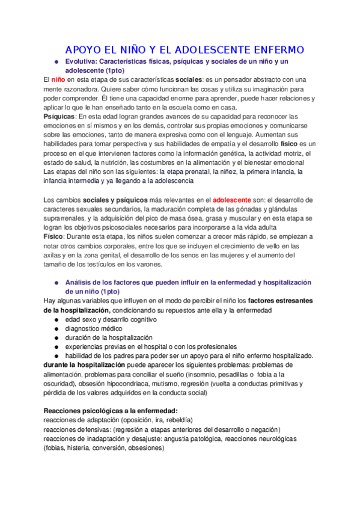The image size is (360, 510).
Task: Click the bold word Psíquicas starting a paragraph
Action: click(59, 116)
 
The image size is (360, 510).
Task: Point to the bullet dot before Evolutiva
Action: click(56, 62)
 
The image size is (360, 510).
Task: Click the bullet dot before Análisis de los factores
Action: click(56, 282)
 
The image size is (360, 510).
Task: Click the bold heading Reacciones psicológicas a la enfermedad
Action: click(111, 411)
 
